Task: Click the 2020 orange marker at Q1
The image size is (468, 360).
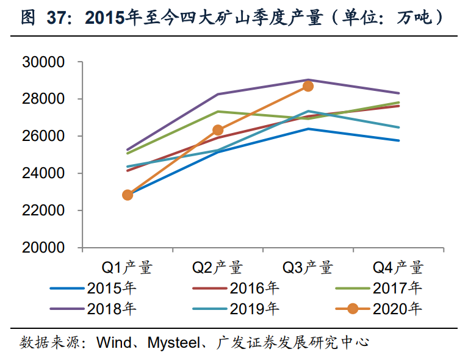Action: click(128, 195)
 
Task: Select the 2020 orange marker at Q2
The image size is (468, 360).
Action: click(218, 130)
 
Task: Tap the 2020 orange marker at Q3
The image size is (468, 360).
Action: click(308, 86)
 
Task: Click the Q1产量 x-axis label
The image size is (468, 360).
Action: click(127, 267)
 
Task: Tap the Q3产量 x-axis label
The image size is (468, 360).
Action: click(308, 267)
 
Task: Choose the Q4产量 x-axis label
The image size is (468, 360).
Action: click(398, 267)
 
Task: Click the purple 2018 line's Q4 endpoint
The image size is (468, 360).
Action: click(398, 93)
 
